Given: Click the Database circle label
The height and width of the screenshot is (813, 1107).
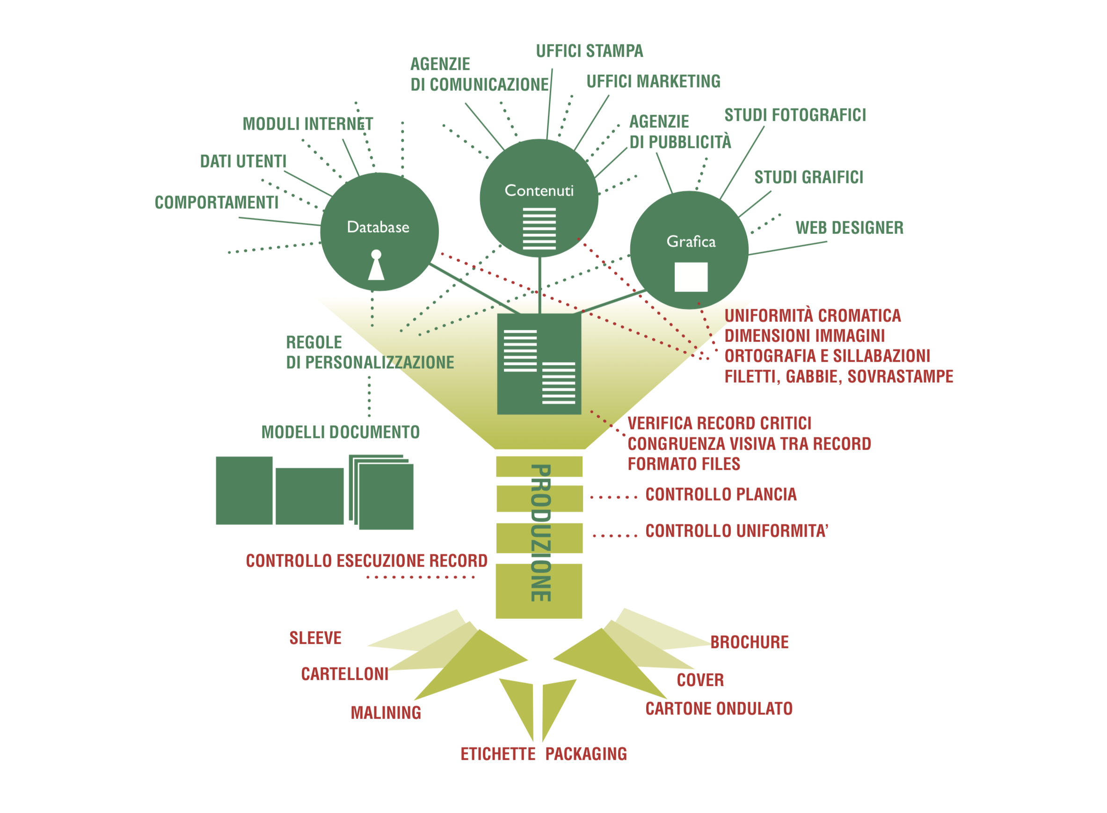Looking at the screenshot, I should point(378,227).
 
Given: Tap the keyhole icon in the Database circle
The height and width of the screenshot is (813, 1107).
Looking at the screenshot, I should point(376,265).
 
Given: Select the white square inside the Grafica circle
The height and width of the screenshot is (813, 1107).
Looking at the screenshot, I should point(691,277).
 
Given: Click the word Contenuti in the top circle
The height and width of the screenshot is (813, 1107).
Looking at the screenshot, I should point(539,190).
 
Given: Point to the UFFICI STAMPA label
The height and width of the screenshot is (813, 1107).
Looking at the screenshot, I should point(589,51).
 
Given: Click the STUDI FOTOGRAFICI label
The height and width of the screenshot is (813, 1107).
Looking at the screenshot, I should point(794,115).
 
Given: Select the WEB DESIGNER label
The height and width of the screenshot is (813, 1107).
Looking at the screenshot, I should point(849,228).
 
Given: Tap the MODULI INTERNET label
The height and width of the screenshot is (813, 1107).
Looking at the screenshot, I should point(308,124).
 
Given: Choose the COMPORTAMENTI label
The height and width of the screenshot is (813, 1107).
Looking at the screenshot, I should point(217,202).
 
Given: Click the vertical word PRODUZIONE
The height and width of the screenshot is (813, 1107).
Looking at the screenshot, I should point(540,532).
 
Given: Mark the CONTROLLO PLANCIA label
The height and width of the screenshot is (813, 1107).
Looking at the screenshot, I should point(721,494).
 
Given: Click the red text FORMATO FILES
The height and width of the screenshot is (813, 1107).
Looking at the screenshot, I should point(684,464).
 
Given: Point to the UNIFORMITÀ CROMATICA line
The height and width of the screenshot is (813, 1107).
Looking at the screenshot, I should point(812,315).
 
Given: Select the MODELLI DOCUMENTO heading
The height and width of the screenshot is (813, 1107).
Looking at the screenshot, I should point(340,433).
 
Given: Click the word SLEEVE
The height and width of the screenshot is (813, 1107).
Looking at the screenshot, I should point(315,639).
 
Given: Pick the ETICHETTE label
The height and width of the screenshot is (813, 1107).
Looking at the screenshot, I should point(498,755).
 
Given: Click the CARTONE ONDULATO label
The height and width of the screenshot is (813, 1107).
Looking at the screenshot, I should point(719,709).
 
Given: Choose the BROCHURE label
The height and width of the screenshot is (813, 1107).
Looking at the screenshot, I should point(749,642).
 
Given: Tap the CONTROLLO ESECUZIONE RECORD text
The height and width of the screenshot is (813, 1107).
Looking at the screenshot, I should point(366,561).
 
